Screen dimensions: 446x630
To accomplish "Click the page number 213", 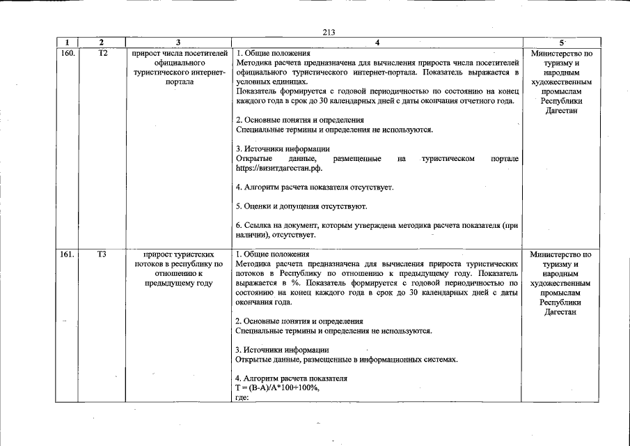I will [329, 31].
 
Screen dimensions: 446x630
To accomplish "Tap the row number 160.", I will [68, 53].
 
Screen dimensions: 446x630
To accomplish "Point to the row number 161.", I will [68, 254].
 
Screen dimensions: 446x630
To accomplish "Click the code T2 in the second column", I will [101, 53].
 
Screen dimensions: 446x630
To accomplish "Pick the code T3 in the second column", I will [101, 254].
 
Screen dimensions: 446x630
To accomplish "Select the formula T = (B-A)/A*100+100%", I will [277, 387].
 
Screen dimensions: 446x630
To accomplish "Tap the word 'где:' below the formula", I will [242, 397].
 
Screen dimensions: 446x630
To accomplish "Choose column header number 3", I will [179, 43].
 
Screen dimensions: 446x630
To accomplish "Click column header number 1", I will [68, 43].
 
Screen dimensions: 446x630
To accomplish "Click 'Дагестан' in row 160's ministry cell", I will [561, 111].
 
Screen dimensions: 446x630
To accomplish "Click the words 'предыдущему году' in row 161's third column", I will [179, 283].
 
